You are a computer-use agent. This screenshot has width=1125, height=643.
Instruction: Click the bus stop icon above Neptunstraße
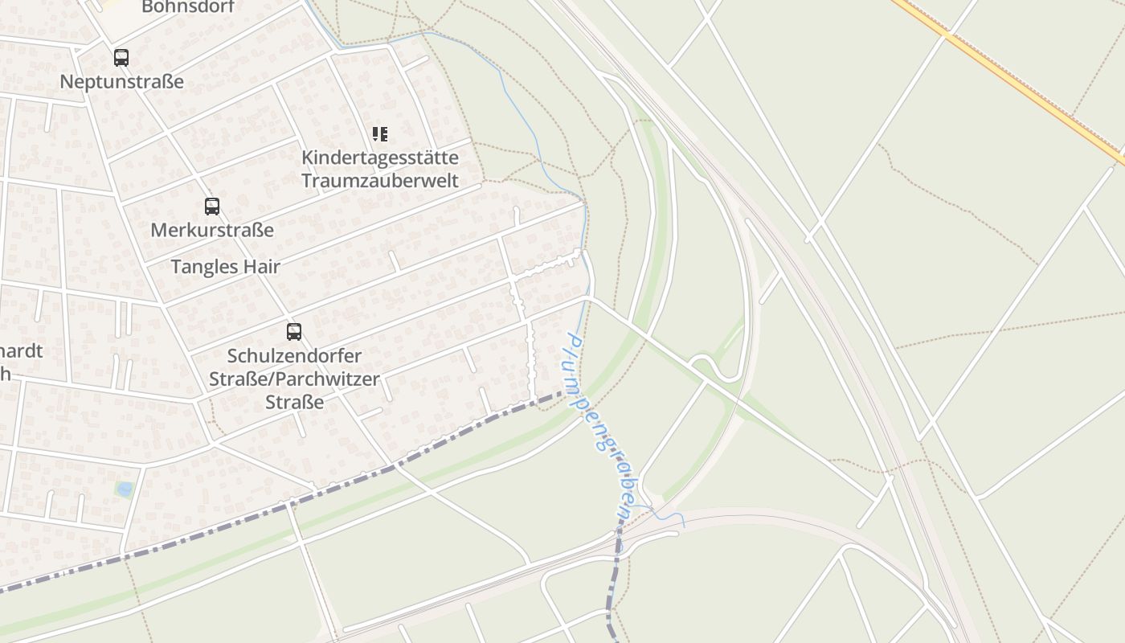point(121,58)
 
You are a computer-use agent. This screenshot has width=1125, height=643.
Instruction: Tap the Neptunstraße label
point(121,82)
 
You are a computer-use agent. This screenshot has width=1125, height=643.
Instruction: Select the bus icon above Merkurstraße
point(211,207)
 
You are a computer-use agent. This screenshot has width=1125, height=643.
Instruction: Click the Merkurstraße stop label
point(212,231)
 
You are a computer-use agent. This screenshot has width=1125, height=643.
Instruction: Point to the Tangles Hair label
point(225,267)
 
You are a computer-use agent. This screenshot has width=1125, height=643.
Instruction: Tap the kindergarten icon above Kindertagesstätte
point(380,134)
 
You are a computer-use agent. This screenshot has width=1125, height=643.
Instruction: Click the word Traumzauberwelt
point(380,180)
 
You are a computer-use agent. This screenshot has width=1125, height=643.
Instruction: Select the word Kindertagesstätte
point(380,158)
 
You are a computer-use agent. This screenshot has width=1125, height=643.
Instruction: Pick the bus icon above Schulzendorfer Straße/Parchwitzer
point(294,331)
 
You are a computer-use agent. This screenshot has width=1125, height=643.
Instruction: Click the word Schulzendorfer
point(294,355)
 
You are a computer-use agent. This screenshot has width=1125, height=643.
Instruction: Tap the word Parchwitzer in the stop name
point(330,379)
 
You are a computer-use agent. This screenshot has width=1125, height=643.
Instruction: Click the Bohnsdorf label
point(187,7)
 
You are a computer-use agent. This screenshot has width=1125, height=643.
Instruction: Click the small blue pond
point(124,489)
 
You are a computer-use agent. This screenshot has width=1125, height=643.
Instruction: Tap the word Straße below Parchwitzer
point(294,402)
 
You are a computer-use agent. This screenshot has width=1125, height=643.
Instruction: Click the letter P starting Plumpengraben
point(572,340)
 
